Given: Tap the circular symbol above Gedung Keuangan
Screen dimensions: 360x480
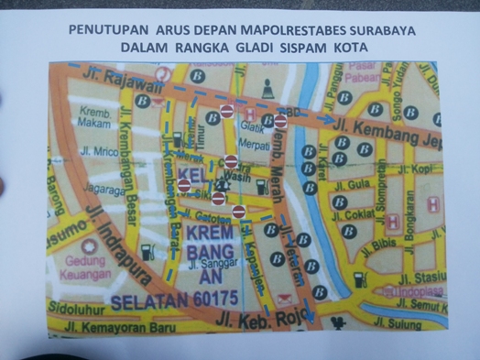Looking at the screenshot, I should tap(89, 246).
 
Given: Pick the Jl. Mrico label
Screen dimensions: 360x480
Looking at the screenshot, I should tap(102, 150).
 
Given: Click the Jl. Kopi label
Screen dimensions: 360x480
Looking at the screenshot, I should tap(420, 169).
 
